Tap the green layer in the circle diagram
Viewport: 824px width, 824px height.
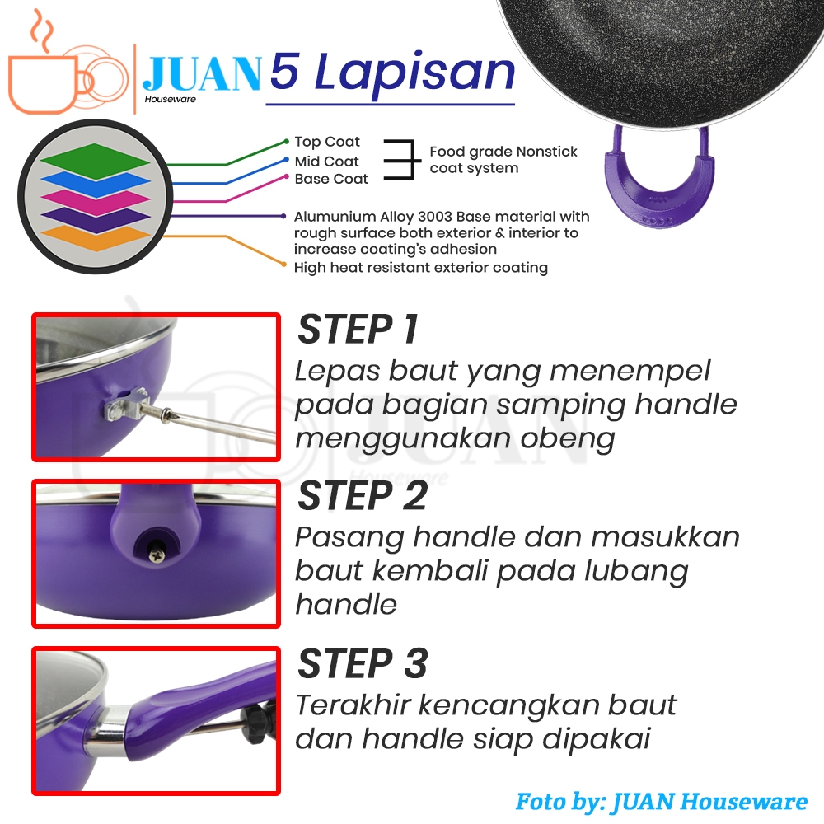coord(95,156)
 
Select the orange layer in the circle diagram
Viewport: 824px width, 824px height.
coord(95,239)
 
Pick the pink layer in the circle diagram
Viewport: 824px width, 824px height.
coord(95,199)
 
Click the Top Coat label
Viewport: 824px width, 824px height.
coord(327,142)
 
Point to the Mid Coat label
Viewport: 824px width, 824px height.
coord(326,162)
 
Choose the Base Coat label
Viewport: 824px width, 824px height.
coord(331,179)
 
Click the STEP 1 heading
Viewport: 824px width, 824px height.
coord(358,330)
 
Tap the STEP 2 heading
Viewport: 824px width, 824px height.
coord(363,495)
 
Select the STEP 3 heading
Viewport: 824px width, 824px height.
coord(363,663)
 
